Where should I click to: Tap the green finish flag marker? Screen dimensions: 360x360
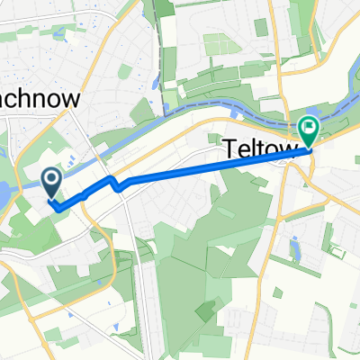[309, 133]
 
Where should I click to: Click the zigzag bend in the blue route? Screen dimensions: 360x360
[116, 185]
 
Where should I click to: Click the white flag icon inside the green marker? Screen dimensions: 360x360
[309, 128]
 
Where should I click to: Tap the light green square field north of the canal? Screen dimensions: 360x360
[216, 43]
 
